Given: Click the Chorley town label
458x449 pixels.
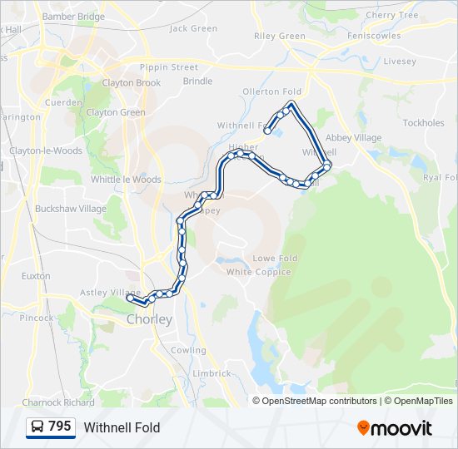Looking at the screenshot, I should (149, 319).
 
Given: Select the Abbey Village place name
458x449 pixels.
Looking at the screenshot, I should (353, 138).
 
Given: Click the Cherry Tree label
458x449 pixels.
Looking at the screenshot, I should (391, 15).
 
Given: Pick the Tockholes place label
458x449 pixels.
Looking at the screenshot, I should (423, 123).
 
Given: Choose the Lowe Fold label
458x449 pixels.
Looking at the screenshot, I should (275, 259).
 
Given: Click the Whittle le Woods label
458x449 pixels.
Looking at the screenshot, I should (126, 180).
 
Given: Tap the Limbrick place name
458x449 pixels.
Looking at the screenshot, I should (212, 374).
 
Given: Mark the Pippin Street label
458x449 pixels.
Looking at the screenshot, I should (169, 67).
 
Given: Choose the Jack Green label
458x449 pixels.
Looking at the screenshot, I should (193, 28).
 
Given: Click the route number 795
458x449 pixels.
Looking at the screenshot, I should (60, 427).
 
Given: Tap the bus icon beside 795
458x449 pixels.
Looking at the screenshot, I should (37, 427).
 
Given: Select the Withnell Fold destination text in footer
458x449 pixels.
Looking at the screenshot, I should (122, 427).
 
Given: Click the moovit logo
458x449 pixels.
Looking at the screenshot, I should (395, 427).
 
